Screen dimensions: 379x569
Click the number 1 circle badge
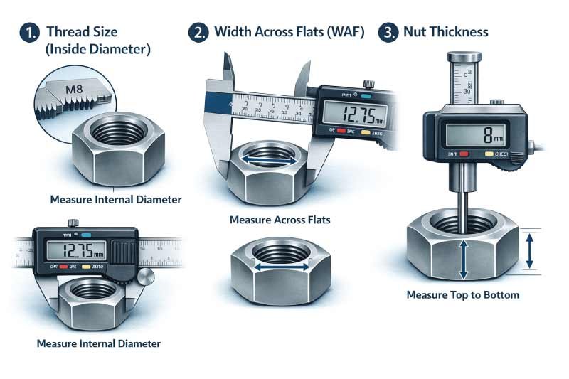(x=28, y=33)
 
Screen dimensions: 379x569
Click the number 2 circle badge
(x=197, y=33)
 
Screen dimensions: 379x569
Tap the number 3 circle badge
(x=388, y=33)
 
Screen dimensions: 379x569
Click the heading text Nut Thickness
(x=445, y=32)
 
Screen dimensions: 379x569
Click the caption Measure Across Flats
(x=280, y=220)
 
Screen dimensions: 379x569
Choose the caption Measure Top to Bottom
(x=462, y=294)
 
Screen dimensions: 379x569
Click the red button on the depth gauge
(x=464, y=154)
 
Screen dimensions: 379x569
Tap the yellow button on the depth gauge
(x=489, y=154)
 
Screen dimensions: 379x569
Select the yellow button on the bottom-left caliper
(x=86, y=267)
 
